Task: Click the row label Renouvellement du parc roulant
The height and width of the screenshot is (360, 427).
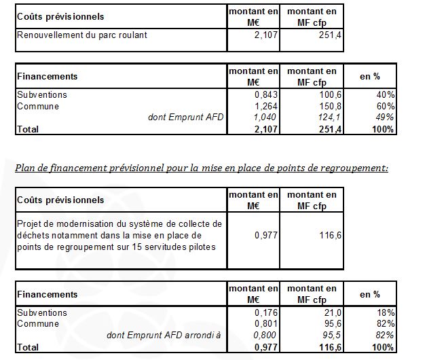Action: (x=81, y=35)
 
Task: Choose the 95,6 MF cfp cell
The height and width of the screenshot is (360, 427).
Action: (x=324, y=324)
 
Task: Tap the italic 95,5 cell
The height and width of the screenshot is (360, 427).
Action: (x=324, y=335)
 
